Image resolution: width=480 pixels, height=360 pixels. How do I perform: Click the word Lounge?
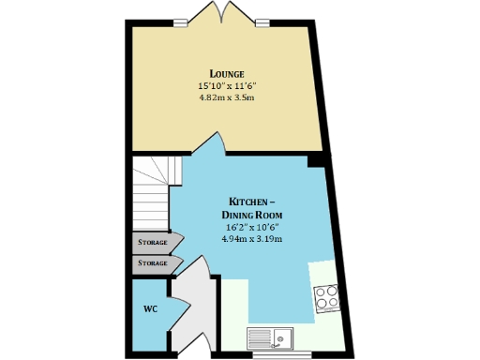point(227,73)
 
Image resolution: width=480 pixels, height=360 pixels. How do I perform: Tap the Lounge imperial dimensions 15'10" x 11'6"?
point(227,85)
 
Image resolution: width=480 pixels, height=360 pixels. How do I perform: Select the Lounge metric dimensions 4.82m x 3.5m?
point(227,97)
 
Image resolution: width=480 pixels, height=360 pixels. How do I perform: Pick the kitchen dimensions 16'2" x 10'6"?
point(251,228)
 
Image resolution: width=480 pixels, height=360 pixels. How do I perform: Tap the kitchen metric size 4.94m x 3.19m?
point(251,240)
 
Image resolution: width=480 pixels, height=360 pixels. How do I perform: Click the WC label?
point(149,308)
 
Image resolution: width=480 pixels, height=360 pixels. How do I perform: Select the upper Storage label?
point(153,243)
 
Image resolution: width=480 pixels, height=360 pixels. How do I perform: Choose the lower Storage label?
point(153,263)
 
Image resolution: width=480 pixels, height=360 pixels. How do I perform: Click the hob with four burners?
point(327,297)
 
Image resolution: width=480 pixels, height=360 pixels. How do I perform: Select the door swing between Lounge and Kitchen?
point(209,144)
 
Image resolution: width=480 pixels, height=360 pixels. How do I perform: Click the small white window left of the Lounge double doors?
point(180,22)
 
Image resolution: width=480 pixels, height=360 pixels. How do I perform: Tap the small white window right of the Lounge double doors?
point(262,22)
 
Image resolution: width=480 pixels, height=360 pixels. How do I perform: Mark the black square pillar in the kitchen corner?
point(316,160)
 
